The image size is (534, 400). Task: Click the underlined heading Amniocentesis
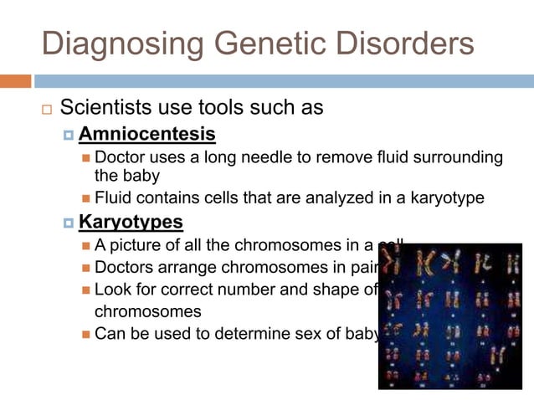click(x=146, y=134)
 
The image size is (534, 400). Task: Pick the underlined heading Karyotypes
click(x=131, y=223)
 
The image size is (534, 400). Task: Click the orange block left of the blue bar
click(x=15, y=81)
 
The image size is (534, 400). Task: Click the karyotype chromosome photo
click(x=449, y=316)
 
